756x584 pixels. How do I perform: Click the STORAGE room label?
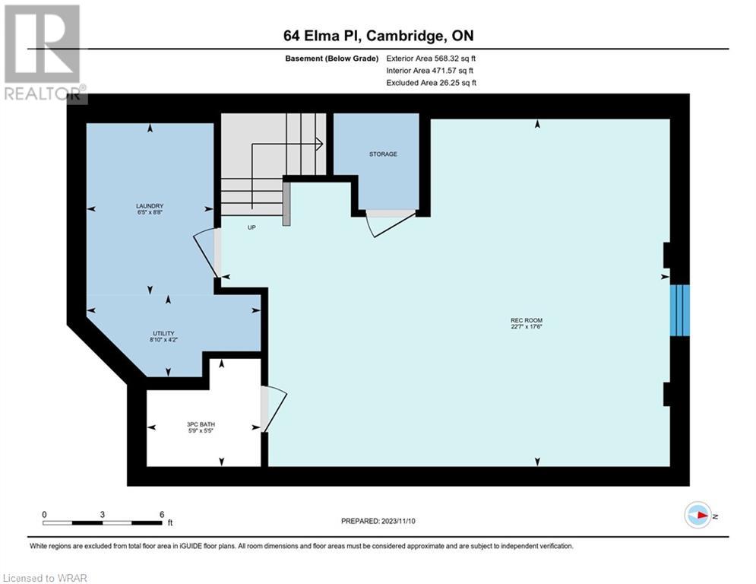click(383, 154)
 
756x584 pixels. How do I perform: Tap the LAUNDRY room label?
click(150, 206)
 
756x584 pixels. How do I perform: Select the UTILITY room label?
click(163, 334)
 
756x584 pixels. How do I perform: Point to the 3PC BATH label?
click(201, 424)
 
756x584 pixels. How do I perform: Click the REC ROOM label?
click(527, 320)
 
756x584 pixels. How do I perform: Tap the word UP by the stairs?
click(251, 227)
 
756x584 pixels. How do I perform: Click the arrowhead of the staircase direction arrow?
click(320, 144)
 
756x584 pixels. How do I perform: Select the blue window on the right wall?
click(680, 310)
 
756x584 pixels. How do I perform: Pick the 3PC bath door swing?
click(274, 408)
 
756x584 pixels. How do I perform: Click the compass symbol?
click(698, 516)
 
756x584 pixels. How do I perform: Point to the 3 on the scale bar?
click(103, 515)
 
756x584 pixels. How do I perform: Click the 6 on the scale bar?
click(162, 515)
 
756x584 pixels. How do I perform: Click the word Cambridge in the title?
click(407, 36)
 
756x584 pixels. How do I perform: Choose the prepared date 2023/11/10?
click(398, 521)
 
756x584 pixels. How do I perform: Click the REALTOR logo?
click(44, 53)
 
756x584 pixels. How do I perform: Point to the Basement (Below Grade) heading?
click(332, 59)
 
